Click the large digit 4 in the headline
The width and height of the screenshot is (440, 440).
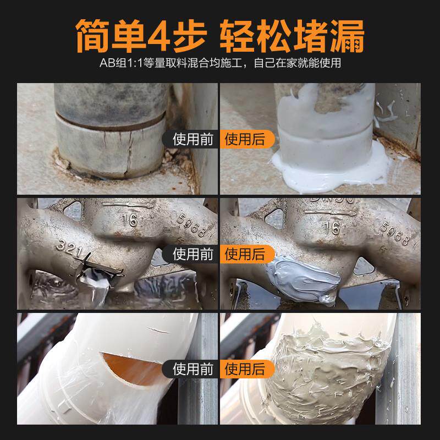[x=167, y=35]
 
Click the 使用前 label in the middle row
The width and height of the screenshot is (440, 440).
[x=192, y=254]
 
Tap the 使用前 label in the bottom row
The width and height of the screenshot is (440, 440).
[x=192, y=368]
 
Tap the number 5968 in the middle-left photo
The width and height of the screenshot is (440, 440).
[x=190, y=226]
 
